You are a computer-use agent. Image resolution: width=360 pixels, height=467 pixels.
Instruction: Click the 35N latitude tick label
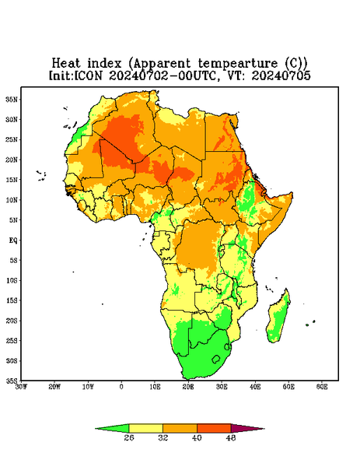click(x=12, y=100)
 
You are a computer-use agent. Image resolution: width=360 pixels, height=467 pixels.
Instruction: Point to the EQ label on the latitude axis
click(x=13, y=241)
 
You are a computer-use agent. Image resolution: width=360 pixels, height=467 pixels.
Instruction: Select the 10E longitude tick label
click(x=155, y=387)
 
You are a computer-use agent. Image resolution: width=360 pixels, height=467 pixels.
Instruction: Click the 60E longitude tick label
click(x=322, y=387)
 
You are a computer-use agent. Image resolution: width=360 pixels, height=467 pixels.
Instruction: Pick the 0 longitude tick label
click(x=121, y=387)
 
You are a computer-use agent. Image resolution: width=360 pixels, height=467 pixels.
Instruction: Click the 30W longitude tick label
click(x=21, y=387)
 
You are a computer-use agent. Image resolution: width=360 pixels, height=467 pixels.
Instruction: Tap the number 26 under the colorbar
click(x=129, y=437)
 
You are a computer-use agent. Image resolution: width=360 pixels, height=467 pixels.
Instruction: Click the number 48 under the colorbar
click(x=231, y=437)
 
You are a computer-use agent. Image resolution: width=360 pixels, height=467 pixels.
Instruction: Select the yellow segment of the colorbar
click(x=145, y=428)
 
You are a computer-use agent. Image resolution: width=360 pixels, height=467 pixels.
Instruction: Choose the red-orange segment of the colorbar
click(x=214, y=428)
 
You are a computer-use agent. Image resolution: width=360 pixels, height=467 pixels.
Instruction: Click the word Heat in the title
click(x=66, y=64)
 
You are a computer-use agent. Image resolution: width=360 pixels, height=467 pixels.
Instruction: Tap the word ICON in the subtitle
click(x=88, y=75)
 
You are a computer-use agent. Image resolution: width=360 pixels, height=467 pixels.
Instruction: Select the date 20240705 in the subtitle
click(x=281, y=75)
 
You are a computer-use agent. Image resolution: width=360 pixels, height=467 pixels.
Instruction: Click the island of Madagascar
click(x=279, y=318)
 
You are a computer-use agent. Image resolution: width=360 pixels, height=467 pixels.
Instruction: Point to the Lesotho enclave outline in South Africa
click(x=216, y=360)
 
